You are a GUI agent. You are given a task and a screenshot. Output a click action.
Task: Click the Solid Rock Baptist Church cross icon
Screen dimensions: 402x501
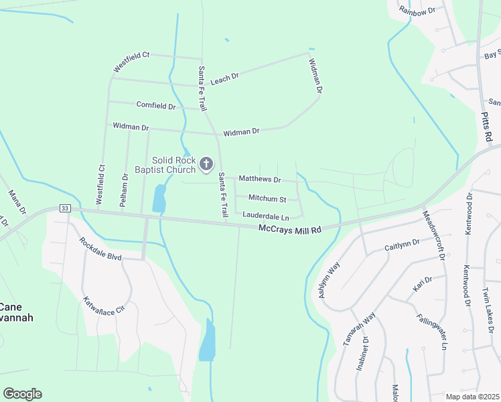pos(207,163)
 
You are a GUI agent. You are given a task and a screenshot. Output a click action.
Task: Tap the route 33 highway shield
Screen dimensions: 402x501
pos(65,208)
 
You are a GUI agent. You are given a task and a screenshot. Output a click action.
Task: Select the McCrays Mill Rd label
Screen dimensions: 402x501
pos(290,229)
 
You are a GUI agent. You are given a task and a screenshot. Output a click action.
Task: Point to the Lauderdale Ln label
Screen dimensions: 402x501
pos(266,216)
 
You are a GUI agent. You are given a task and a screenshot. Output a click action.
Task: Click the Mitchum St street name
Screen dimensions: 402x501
pos(267,199)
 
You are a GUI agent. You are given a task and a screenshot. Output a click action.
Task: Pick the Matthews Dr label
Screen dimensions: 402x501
pos(259,180)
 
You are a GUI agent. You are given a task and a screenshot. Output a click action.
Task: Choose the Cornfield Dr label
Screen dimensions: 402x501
pos(156,106)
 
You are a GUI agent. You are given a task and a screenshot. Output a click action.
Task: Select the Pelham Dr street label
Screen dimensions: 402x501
pos(125,190)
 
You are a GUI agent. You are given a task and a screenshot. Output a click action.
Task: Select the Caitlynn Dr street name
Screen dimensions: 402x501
pos(402,246)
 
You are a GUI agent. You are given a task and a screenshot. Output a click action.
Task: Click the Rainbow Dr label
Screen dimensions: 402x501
pos(417,10)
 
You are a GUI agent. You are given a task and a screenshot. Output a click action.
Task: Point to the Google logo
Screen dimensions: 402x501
pos(22,394)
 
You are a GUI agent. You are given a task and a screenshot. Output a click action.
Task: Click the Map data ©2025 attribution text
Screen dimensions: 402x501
pos(472,397)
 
